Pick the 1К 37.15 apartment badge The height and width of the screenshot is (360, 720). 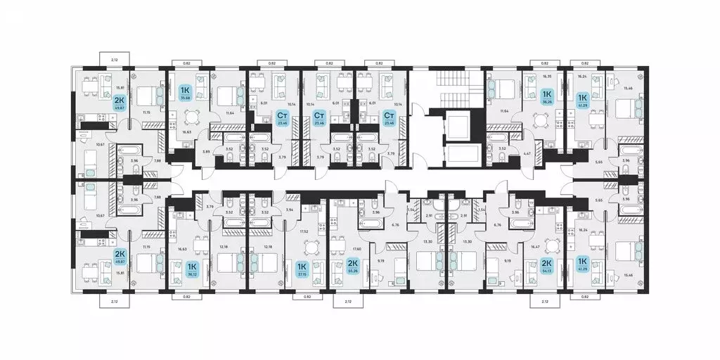click(302, 269)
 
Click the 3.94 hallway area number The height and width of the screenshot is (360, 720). click(290, 210)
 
